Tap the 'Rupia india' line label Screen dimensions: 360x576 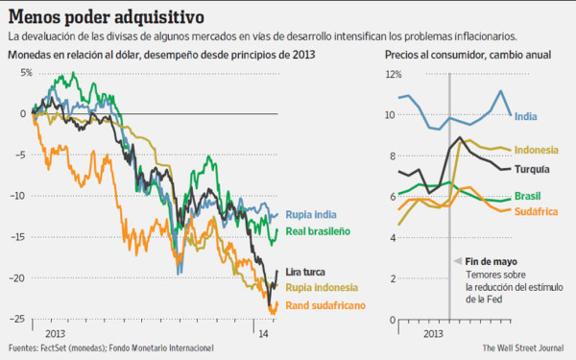click(313, 214)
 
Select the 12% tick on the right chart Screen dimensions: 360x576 click(395, 73)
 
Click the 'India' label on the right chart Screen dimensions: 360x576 click(526, 117)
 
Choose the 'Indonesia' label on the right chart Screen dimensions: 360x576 click(538, 150)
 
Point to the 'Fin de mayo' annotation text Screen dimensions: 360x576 click(492, 260)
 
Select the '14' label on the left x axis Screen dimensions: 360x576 click(262, 332)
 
